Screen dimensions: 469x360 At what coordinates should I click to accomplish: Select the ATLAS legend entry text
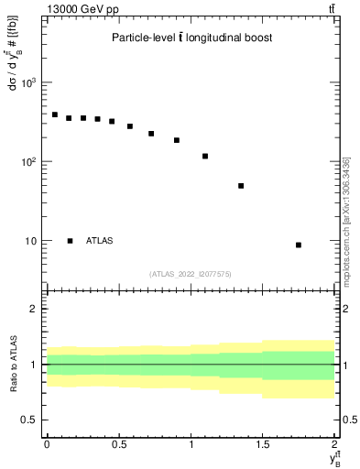pos(100,241)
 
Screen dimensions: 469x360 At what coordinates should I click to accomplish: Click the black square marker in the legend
pos(70,241)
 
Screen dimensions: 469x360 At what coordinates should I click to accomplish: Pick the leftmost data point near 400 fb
pos(55,115)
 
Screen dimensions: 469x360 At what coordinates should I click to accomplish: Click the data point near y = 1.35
pos(241,186)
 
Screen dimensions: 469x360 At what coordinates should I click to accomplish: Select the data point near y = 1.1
pos(205,156)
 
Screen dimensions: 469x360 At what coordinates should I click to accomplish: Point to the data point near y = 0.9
pos(177,140)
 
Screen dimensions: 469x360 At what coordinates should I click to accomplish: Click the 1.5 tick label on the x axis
pos(263,444)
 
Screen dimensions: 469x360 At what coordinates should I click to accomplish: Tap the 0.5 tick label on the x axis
pos(119,444)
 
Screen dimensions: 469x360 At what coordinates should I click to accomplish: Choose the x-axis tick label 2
pos(335,444)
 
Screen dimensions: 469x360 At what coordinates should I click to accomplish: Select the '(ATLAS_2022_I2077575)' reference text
pos(191,273)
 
